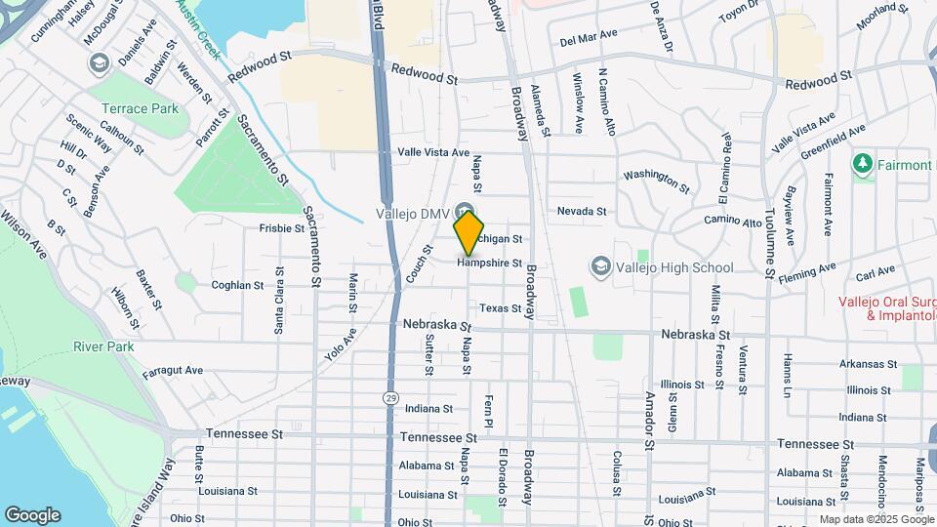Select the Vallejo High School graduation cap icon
tap(599, 266)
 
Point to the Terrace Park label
tap(140, 108)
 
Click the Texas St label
tap(501, 307)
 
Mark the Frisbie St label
tap(282, 228)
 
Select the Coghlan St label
tap(238, 285)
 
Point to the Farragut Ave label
tap(172, 371)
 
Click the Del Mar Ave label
tap(590, 35)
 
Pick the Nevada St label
tap(582, 211)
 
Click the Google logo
tap(32, 515)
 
